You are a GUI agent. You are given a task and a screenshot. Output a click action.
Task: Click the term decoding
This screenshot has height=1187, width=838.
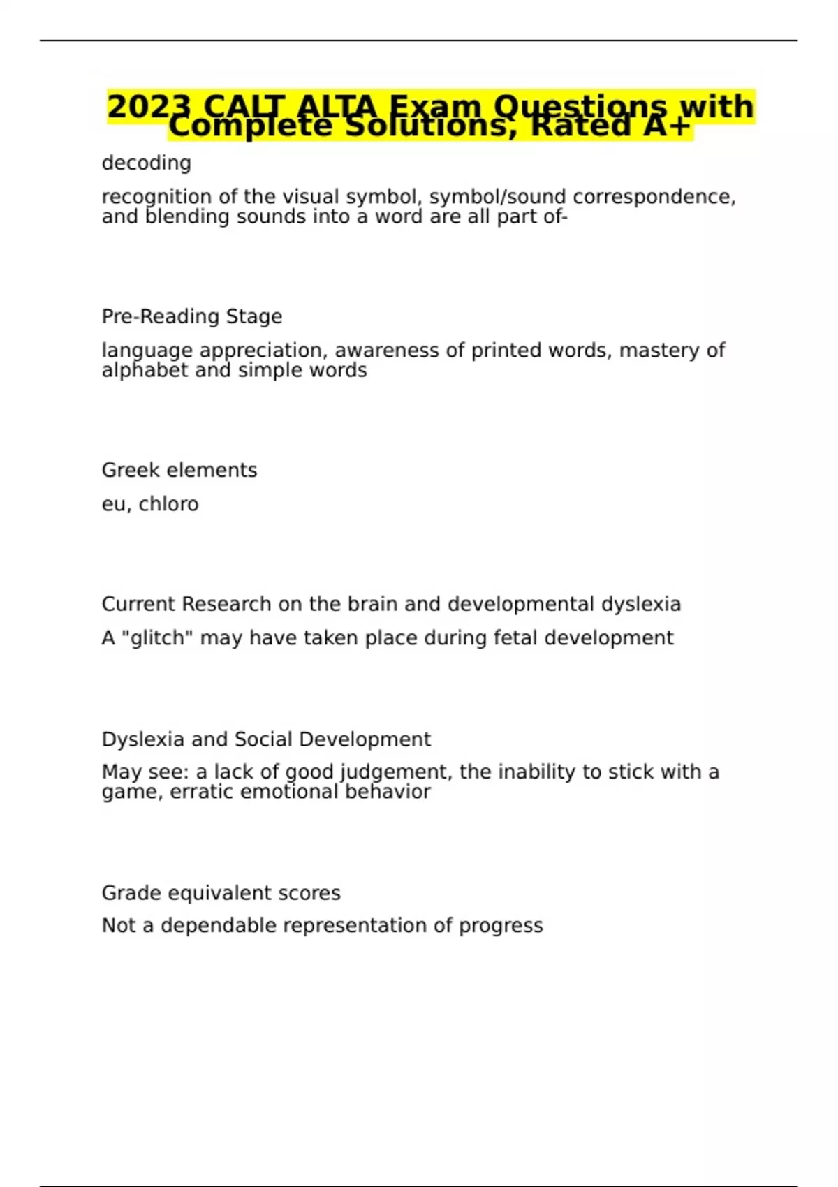(146, 163)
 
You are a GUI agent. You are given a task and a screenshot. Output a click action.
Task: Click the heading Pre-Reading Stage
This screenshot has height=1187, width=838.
(192, 316)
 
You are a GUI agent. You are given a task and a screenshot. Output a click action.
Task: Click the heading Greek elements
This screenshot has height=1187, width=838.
(179, 470)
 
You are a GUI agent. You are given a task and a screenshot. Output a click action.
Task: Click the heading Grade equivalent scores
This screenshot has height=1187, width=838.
(221, 893)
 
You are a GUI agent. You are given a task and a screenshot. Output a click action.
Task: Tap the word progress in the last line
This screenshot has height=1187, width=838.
(501, 926)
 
